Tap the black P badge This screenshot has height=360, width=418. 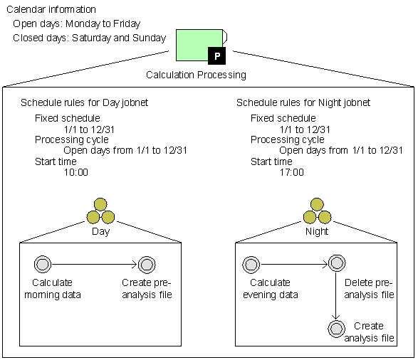216,55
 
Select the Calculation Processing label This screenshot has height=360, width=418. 196,75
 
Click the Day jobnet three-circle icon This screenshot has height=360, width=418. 100,211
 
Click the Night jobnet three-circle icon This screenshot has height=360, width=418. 317,211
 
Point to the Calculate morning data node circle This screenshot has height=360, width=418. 43,264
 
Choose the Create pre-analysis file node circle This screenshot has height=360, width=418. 147,265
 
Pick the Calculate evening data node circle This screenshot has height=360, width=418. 251,265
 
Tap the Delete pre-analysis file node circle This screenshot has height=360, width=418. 337,263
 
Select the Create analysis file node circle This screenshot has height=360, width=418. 336,329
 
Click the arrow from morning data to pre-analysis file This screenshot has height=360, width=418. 95,265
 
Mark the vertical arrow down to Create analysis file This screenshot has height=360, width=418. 336,295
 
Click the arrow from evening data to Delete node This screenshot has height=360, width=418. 294,265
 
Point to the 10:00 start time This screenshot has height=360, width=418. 76,173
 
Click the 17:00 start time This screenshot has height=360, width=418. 292,173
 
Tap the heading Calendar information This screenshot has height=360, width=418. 51,9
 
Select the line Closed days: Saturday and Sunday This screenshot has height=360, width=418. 89,38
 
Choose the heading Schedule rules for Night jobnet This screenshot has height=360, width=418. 303,102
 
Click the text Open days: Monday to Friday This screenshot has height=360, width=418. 76,23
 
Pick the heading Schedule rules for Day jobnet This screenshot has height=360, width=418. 84,102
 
